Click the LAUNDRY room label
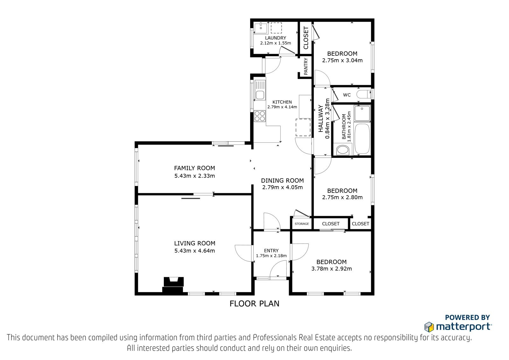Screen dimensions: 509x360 [x=275, y=38]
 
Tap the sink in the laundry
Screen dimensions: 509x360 [x=261, y=28]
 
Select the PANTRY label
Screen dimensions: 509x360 [x=306, y=66]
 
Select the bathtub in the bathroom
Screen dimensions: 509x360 [x=362, y=139]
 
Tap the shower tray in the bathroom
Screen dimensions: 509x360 [x=362, y=113]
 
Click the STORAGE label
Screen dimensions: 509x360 [x=302, y=224]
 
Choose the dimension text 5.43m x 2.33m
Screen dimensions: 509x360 [x=194, y=176]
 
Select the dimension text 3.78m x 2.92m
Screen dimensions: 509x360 [x=331, y=269]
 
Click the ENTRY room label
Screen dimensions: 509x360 [x=271, y=251]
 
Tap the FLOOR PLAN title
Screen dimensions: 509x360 [x=254, y=304]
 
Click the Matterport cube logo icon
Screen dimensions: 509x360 [x=429, y=327]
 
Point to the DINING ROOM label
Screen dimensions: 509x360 [x=282, y=180]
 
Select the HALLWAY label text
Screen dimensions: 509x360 [x=320, y=118]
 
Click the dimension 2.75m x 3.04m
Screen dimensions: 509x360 [x=342, y=60]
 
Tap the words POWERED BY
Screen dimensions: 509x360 [x=467, y=317]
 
